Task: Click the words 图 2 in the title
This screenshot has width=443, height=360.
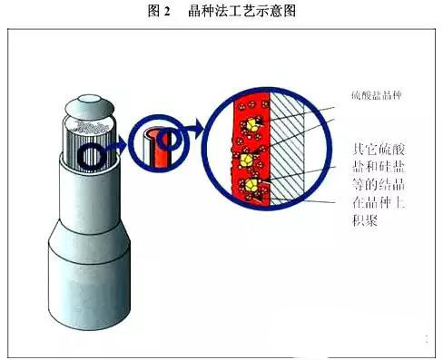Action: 158,12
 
